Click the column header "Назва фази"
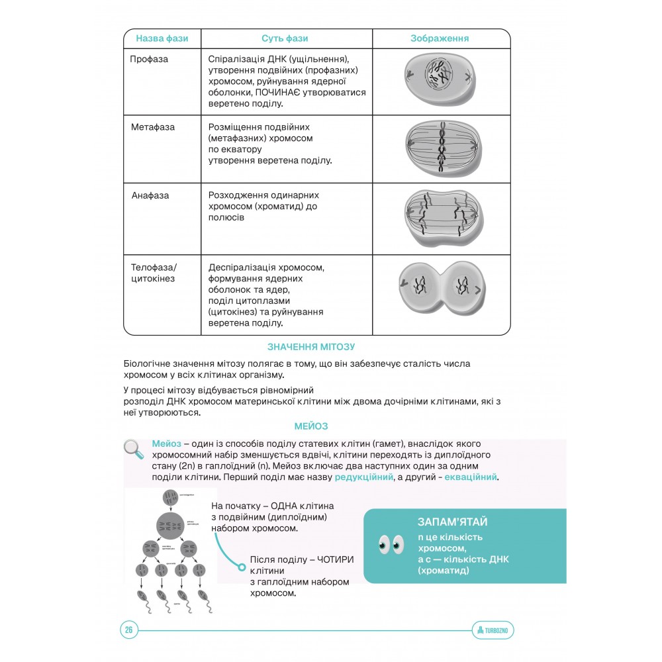coord(162,38)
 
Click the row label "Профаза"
coord(149,59)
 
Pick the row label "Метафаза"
coord(153,126)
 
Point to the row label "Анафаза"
coord(150,195)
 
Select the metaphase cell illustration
coord(440,148)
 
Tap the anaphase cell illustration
coord(440,218)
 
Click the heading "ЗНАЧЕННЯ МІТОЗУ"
coord(311,347)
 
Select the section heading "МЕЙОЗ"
coord(311,426)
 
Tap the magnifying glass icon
coord(134,449)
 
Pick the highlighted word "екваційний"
coord(471,477)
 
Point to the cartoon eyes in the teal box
coord(391,544)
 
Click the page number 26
coord(129,630)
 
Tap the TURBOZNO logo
coord(494,630)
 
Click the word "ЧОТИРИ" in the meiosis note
coord(336,559)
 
